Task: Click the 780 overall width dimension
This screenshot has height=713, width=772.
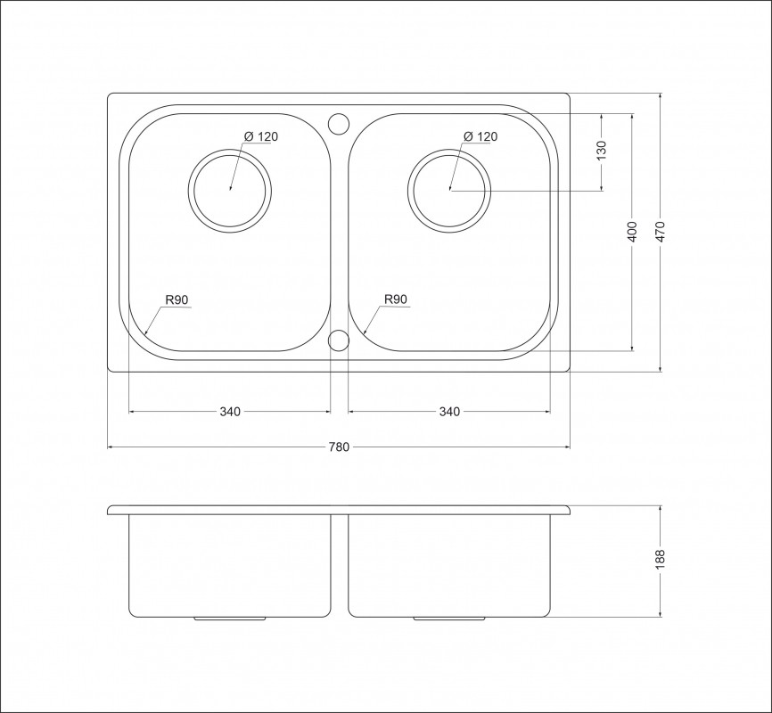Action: point(339,447)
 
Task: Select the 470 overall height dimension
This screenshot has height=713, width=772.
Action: point(661,232)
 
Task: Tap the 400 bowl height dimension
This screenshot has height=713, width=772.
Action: point(632,232)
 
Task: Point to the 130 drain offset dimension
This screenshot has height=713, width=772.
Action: point(601,151)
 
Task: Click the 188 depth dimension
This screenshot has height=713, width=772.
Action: point(661,560)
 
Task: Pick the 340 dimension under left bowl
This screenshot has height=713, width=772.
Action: point(230,411)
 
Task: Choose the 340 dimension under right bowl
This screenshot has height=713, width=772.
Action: point(449,411)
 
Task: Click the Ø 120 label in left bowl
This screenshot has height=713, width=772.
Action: point(261,136)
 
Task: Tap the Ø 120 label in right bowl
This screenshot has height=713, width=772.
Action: point(480,136)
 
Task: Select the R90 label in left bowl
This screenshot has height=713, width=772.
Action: point(177,299)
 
